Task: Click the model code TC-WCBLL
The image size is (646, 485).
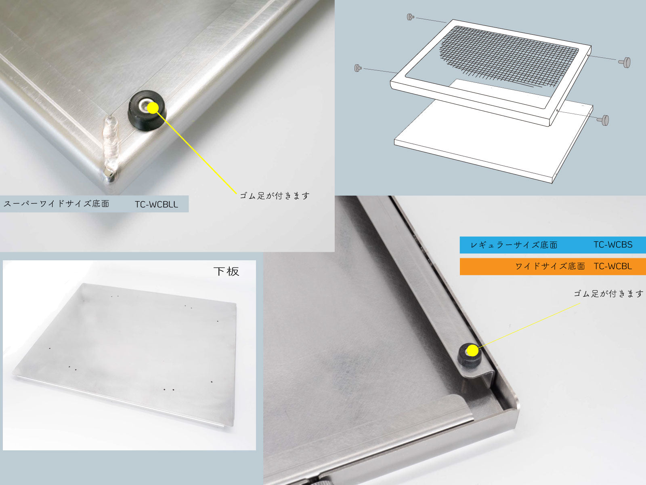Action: (x=156, y=205)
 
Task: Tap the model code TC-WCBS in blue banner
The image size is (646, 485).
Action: (x=613, y=245)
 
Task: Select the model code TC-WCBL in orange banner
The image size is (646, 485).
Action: (x=612, y=266)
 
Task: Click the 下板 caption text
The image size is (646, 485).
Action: (x=226, y=271)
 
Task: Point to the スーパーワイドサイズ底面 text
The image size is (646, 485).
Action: (x=56, y=204)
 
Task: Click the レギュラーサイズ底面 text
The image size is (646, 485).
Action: (x=514, y=245)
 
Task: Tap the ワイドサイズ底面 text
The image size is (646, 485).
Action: (x=550, y=266)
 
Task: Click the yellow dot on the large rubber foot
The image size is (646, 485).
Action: (x=153, y=108)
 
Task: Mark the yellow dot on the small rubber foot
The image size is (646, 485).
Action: (x=472, y=350)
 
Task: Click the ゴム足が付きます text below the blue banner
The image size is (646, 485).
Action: (x=608, y=293)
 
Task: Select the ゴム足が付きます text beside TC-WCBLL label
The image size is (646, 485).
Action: (x=275, y=196)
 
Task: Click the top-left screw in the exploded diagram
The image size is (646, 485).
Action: (x=410, y=17)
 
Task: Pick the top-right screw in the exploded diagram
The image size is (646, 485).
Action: (x=625, y=62)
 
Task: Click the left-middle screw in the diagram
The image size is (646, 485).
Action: (x=358, y=68)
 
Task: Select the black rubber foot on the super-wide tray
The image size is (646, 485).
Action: (x=147, y=110)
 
